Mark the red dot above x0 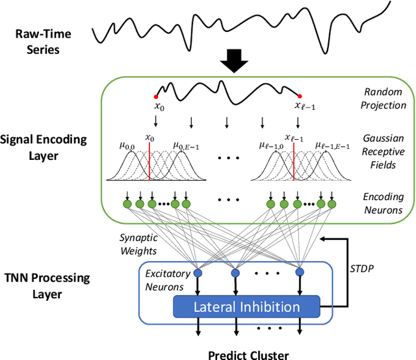[155, 96]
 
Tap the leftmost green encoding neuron [128, 204]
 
